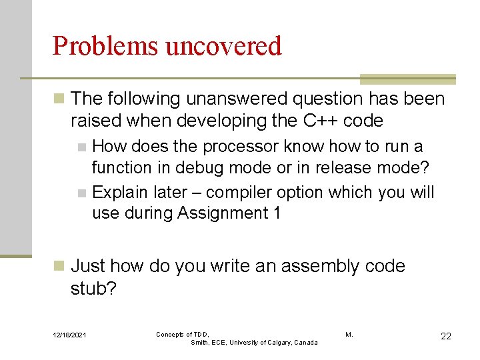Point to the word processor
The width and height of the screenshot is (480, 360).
(244, 146)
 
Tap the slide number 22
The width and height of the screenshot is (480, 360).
(445, 336)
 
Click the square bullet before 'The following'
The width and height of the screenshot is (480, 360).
(59, 99)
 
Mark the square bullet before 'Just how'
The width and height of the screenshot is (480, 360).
(59, 266)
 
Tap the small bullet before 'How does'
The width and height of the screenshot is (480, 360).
(81, 147)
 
